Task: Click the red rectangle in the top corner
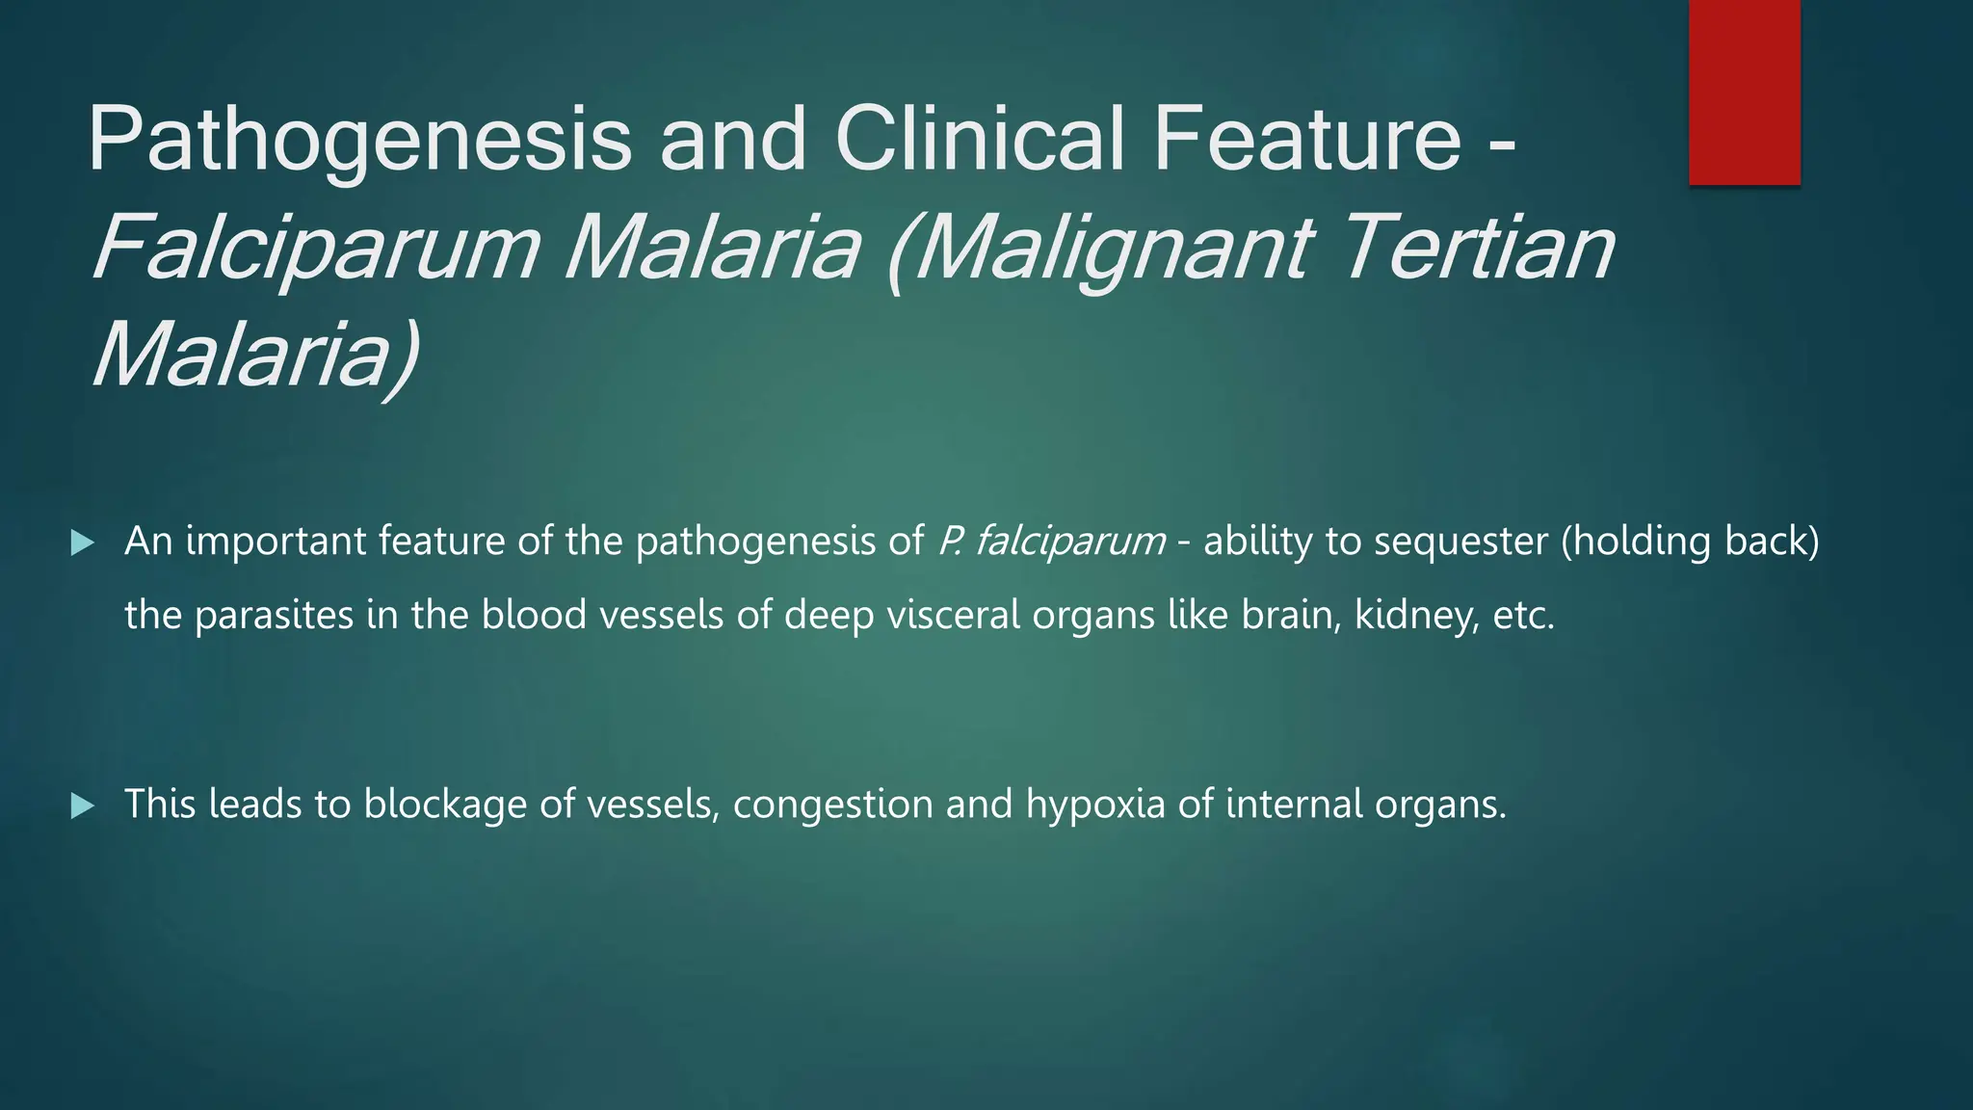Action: [1744, 92]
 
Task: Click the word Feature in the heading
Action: [1306, 139]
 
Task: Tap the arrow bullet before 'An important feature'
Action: [83, 543]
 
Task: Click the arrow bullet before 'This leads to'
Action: [83, 806]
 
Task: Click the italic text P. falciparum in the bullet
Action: [1051, 542]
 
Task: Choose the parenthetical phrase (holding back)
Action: [1690, 542]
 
